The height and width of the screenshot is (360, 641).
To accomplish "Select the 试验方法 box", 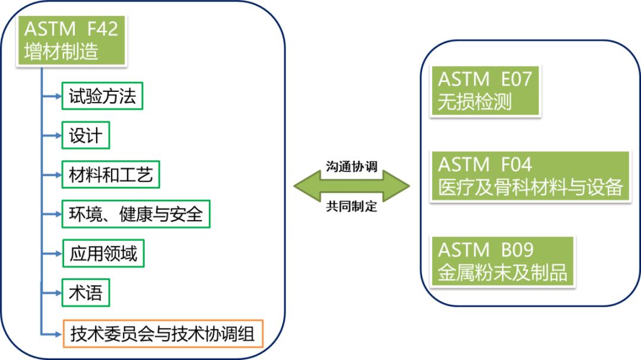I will [x=103, y=96].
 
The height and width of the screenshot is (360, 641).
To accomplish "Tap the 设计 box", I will [x=86, y=136].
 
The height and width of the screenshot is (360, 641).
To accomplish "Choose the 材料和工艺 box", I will [x=111, y=175].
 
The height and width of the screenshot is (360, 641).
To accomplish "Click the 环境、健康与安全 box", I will [x=136, y=214].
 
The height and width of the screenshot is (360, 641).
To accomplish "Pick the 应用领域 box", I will [x=103, y=254].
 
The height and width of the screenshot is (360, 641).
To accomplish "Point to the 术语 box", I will [x=86, y=292].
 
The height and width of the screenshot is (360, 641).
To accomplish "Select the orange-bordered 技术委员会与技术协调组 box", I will [x=163, y=334].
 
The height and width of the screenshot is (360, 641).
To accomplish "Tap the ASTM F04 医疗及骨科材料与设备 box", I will [x=529, y=176].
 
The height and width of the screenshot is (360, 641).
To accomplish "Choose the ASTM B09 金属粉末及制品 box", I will [x=502, y=261].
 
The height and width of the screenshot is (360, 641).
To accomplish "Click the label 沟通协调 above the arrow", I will [x=351, y=166].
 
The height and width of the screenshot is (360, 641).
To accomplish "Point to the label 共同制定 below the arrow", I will [x=351, y=207].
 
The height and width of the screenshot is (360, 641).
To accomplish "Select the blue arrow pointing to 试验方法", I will [x=52, y=96].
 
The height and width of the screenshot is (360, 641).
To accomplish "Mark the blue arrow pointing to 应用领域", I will [x=52, y=254].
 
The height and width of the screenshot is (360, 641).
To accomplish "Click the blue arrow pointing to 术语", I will [x=52, y=292].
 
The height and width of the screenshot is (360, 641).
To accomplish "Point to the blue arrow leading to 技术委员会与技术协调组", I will [x=52, y=334].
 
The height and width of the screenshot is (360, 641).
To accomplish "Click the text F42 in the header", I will [x=101, y=28].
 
